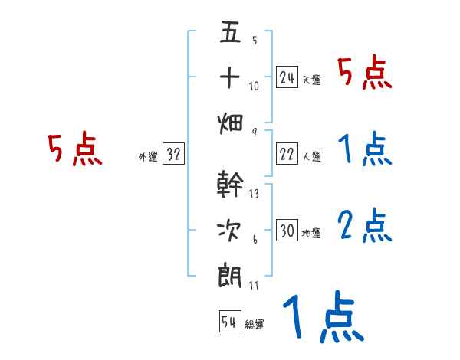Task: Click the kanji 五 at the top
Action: [x=230, y=34]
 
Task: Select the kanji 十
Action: [x=230, y=77]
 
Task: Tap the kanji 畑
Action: [x=230, y=122]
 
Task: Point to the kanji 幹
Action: [x=230, y=185]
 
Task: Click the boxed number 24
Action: [x=287, y=77]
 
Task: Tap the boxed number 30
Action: [x=287, y=231]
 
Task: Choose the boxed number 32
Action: [x=173, y=155]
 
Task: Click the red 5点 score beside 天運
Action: [x=365, y=74]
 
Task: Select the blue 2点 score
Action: [x=365, y=225]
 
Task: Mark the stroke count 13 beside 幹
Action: [x=254, y=194]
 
